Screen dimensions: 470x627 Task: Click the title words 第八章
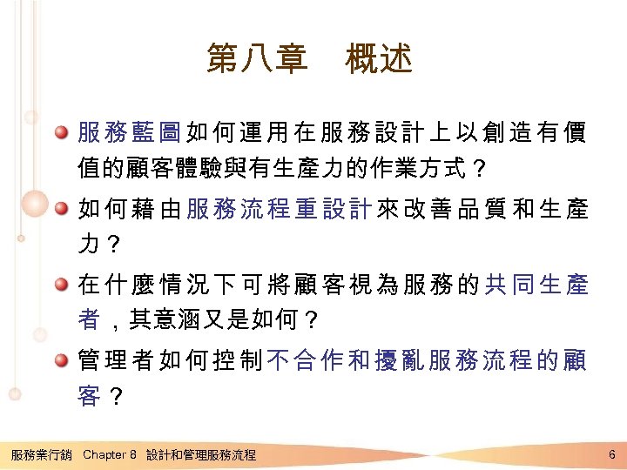click(x=257, y=59)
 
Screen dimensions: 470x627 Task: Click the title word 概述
click(x=379, y=59)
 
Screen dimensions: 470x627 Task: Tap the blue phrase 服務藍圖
click(x=130, y=133)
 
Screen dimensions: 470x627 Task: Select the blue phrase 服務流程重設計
click(x=280, y=210)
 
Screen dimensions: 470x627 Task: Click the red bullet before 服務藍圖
click(x=62, y=133)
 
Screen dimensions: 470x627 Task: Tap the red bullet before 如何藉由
click(x=62, y=210)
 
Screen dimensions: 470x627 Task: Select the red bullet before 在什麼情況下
click(x=62, y=285)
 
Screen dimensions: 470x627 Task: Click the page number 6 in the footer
click(x=613, y=454)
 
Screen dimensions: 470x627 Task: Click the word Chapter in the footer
click(x=104, y=454)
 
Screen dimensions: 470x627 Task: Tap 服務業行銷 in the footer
click(x=41, y=454)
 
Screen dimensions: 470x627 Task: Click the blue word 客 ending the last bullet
click(x=89, y=396)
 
